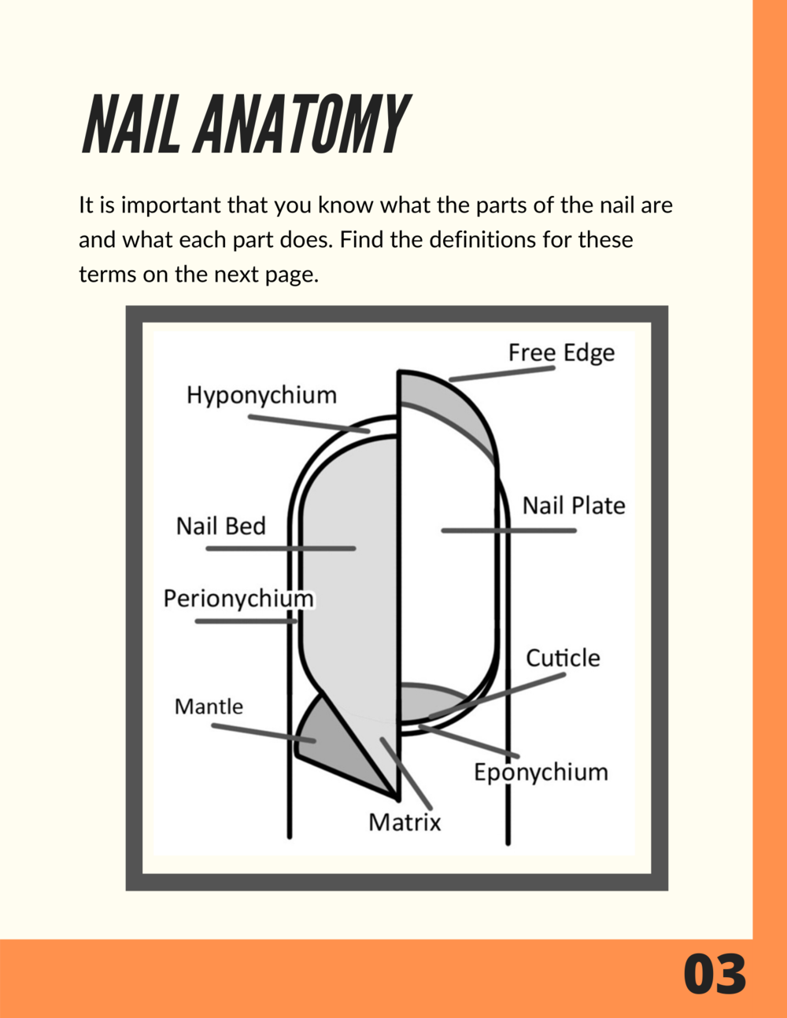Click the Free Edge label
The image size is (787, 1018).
tap(562, 353)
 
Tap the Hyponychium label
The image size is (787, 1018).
tap(262, 396)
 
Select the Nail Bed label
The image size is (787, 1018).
tap(221, 526)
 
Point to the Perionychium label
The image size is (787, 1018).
tap(238, 599)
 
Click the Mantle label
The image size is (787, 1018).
tap(209, 707)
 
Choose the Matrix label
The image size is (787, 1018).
tap(405, 822)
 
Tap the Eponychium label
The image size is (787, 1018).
tap(541, 773)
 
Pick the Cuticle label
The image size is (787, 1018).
tap(563, 658)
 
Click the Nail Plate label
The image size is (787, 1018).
tap(574, 506)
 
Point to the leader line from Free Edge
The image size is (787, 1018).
tap(502, 374)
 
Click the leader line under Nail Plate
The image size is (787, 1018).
tap(508, 531)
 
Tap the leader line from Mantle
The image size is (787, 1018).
tap(264, 733)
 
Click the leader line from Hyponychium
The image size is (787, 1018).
tap(309, 423)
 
